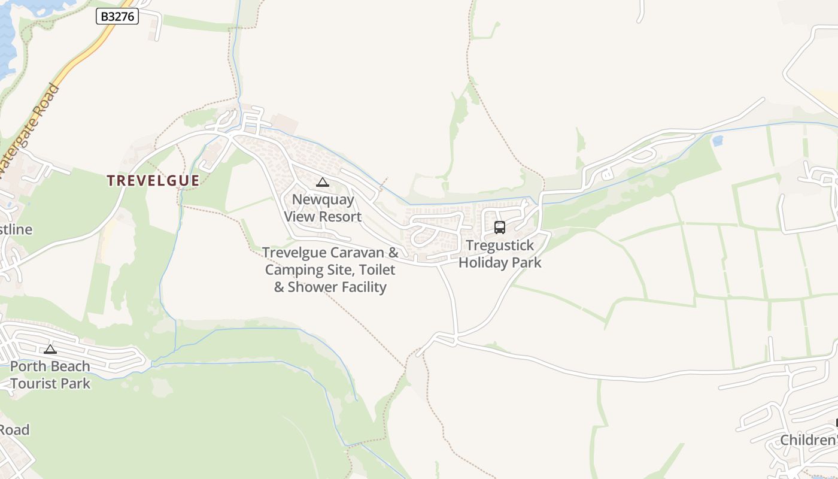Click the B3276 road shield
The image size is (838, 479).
click(x=117, y=17)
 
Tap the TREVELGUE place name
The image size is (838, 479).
click(x=153, y=180)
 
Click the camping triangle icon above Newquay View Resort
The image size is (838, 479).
click(x=323, y=183)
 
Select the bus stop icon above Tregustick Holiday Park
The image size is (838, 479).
click(x=500, y=228)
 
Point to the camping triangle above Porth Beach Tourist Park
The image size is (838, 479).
click(x=50, y=349)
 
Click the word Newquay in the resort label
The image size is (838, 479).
click(x=323, y=199)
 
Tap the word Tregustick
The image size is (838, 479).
click(x=500, y=245)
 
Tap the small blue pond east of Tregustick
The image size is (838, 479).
click(x=718, y=141)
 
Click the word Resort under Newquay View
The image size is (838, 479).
click(x=341, y=216)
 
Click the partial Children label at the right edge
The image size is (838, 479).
click(x=808, y=441)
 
